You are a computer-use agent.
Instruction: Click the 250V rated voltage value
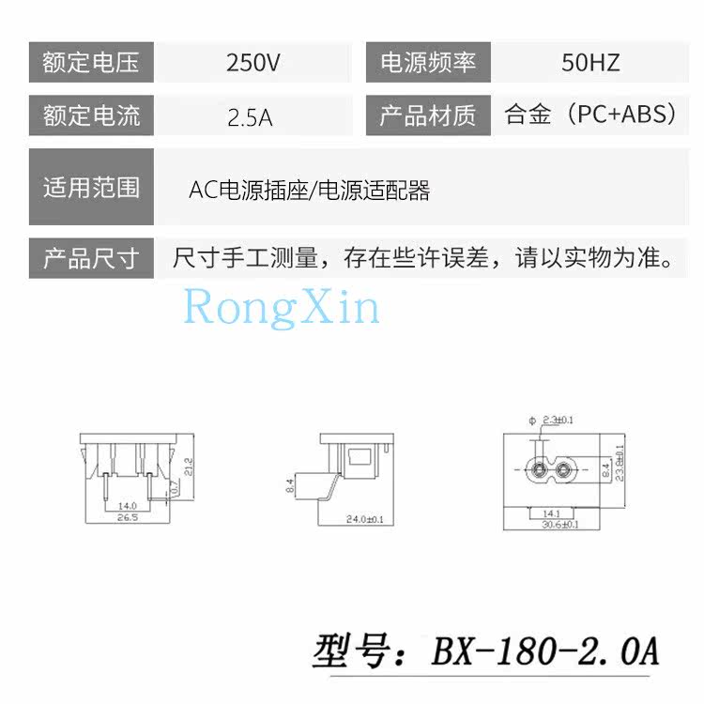tap(253, 63)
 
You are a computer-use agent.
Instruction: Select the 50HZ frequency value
tap(590, 63)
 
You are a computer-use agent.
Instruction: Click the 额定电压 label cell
tap(91, 63)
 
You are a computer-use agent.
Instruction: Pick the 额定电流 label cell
tap(91, 116)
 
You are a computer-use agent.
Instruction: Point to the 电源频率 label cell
tap(427, 63)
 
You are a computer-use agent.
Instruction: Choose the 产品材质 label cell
tap(427, 116)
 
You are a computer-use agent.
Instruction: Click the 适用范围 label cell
tap(91, 188)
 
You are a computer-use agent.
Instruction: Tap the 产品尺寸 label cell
tap(91, 258)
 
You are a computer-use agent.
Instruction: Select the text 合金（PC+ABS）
tap(590, 115)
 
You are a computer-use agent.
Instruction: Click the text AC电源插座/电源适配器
tap(309, 191)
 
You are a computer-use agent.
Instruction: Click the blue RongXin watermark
tap(282, 307)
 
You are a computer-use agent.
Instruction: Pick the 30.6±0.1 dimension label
tap(559, 525)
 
